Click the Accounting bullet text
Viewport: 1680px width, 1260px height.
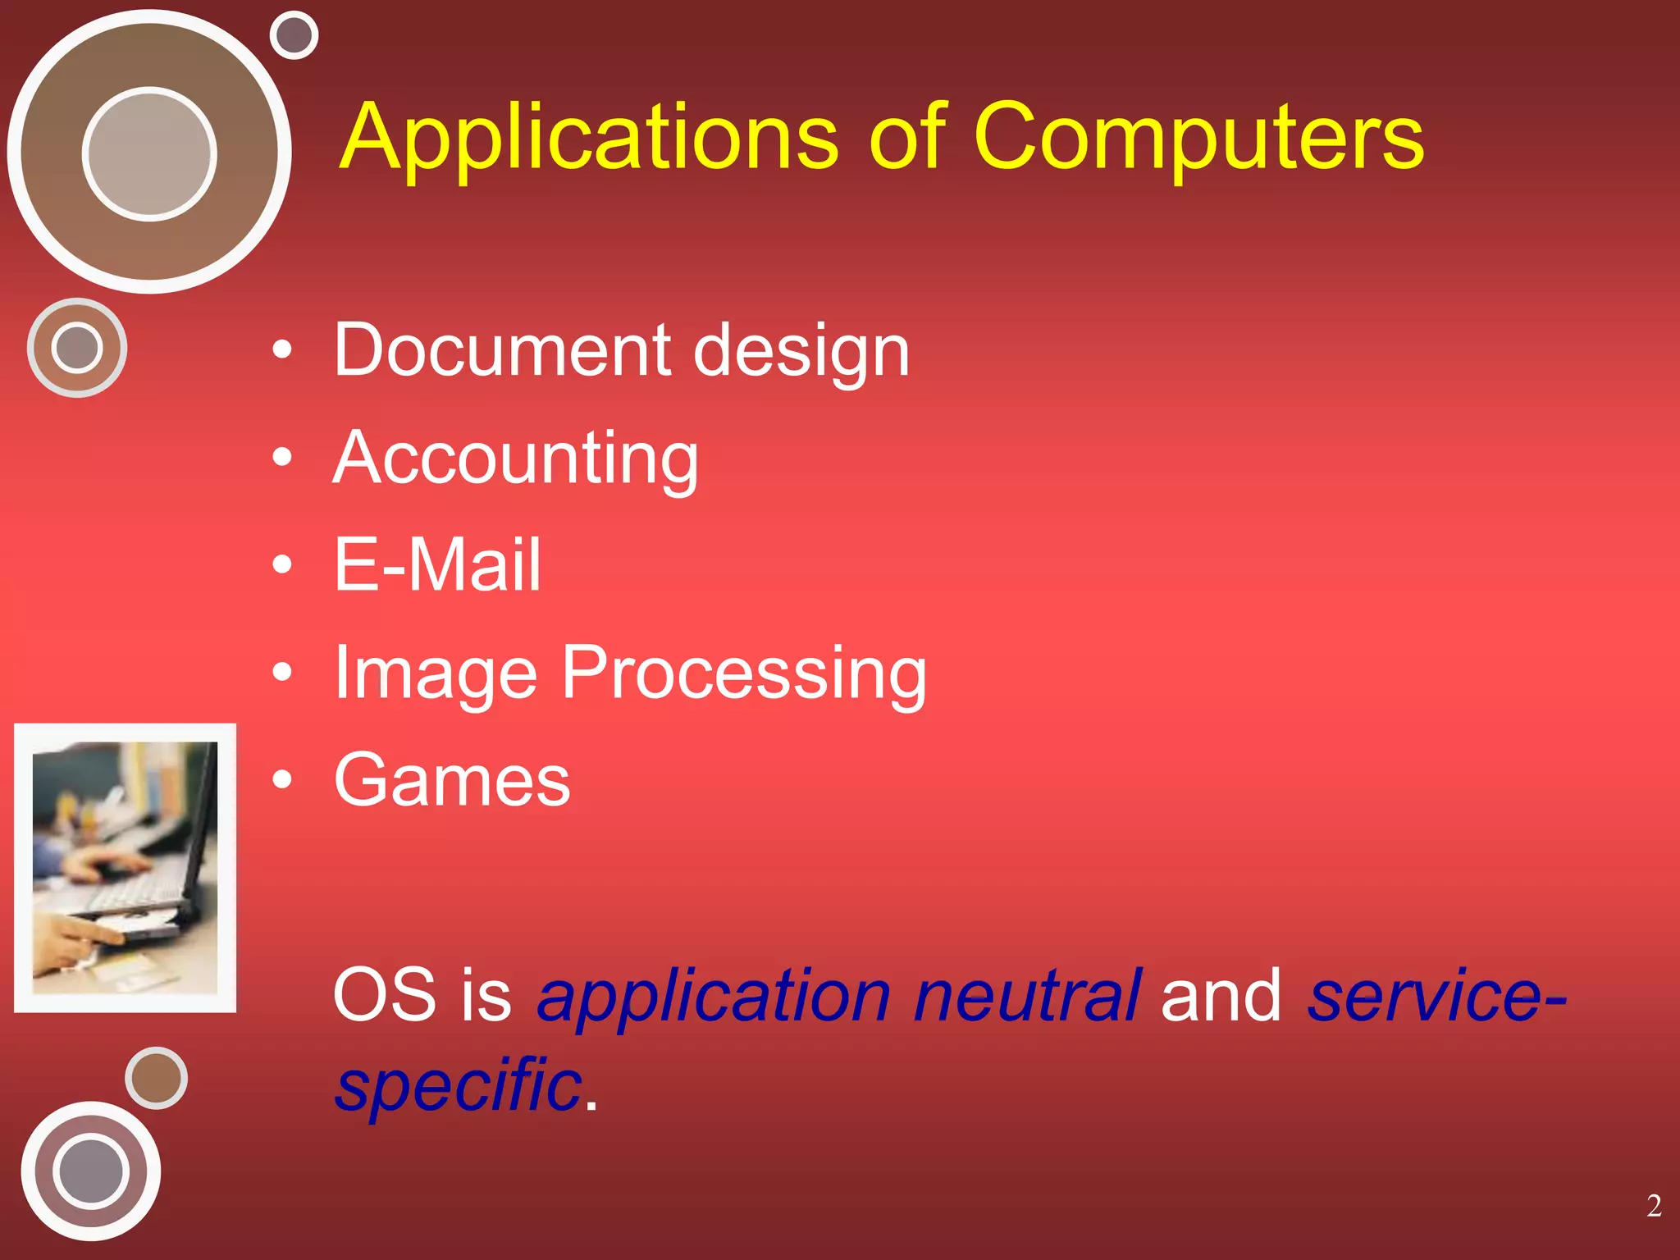pos(516,459)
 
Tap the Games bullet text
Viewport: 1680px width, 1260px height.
pos(452,780)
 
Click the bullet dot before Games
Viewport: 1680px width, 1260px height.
pos(282,780)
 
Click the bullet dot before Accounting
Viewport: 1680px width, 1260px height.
pos(282,458)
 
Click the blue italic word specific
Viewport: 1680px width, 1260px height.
pos(459,1084)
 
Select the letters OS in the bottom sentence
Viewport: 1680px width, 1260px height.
pos(384,994)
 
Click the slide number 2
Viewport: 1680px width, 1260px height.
pos(1654,1206)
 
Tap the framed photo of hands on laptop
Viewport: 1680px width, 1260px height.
pos(125,868)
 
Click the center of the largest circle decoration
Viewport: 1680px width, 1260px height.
pos(149,153)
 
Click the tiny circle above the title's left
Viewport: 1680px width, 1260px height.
pos(294,35)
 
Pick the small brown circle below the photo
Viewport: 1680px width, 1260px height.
pos(156,1078)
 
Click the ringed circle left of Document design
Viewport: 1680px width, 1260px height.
pos(77,348)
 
